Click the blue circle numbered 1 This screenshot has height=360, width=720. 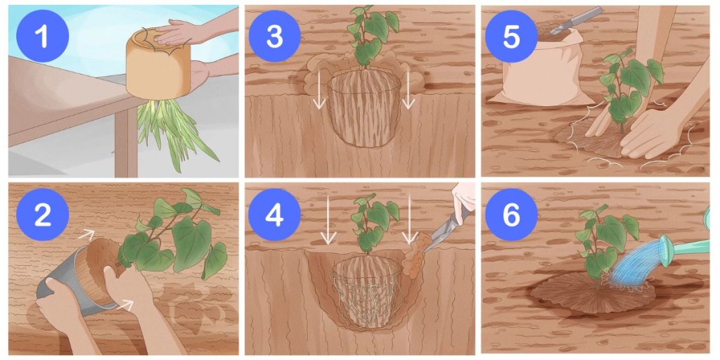point(42,36)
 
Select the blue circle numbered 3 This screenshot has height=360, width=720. point(274,36)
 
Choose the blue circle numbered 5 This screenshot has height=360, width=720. point(511,36)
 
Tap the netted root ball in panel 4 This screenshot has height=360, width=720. point(366,292)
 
